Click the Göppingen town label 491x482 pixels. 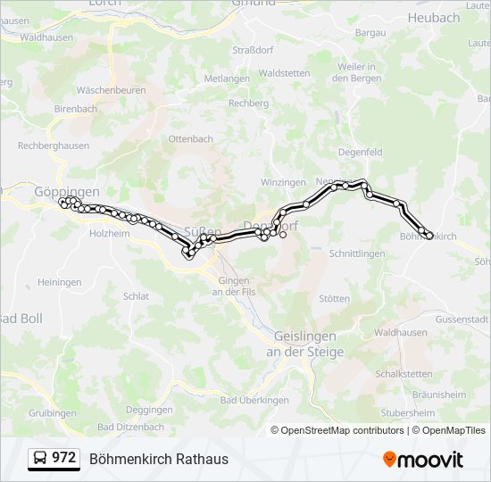(x=66, y=192)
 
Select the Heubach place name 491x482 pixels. (x=433, y=18)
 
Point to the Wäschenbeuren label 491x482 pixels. (x=111, y=91)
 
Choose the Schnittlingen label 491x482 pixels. (x=357, y=253)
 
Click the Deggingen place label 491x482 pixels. (x=149, y=410)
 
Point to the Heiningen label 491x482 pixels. (x=60, y=282)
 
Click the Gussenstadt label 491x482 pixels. (x=462, y=319)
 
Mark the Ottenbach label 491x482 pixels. (x=190, y=139)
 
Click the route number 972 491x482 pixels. (x=63, y=458)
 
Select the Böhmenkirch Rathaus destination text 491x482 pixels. (x=159, y=459)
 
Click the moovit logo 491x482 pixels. (x=423, y=460)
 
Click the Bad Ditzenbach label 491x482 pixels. (x=131, y=428)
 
